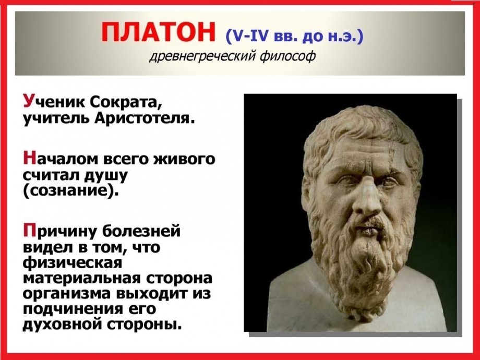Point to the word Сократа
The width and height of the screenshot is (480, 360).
(126, 102)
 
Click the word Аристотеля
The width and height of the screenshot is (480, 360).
(145, 118)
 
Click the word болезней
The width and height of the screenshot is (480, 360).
(141, 232)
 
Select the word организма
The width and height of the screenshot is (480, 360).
(68, 294)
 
